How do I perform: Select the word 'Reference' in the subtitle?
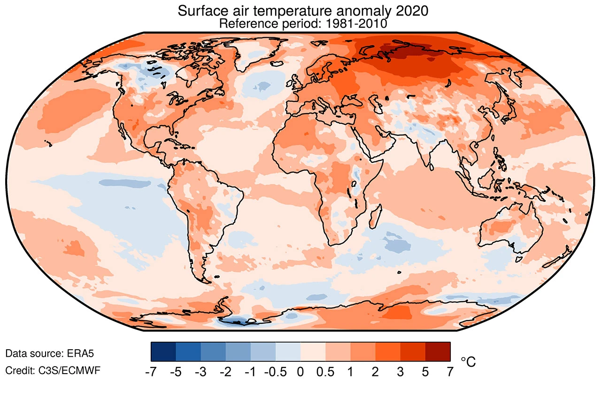pyautogui.click(x=248, y=23)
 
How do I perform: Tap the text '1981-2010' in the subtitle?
pyautogui.click(x=356, y=23)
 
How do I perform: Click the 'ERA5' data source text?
pyautogui.click(x=80, y=353)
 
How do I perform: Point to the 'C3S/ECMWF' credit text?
pyautogui.click(x=69, y=371)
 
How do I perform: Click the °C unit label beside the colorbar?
pyautogui.click(x=468, y=362)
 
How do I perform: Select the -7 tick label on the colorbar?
pyautogui.click(x=151, y=372)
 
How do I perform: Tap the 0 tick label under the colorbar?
pyautogui.click(x=300, y=372)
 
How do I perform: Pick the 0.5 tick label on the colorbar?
pyautogui.click(x=325, y=372)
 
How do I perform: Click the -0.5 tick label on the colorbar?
pyautogui.click(x=275, y=372)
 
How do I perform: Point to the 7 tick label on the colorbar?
pyautogui.click(x=450, y=372)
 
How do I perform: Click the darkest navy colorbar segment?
pyautogui.click(x=163, y=352)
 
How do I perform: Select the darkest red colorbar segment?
pyautogui.click(x=438, y=352)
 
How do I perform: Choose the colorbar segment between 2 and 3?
pyautogui.click(x=388, y=352)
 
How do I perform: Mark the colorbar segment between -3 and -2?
pyautogui.click(x=213, y=352)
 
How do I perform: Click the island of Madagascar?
pyautogui.click(x=376, y=216)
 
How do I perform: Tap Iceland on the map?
pyautogui.click(x=277, y=63)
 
